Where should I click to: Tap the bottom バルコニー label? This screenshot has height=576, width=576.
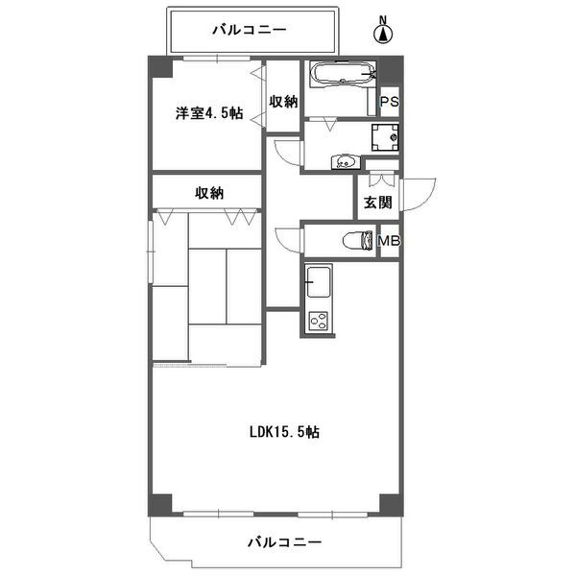click(x=283, y=542)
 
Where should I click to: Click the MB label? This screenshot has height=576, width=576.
click(x=389, y=240)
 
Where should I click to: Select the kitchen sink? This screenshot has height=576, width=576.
click(x=318, y=283)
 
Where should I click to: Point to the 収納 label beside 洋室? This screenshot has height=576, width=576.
click(x=283, y=101)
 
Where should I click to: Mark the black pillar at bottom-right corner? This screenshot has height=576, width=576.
click(x=388, y=503)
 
